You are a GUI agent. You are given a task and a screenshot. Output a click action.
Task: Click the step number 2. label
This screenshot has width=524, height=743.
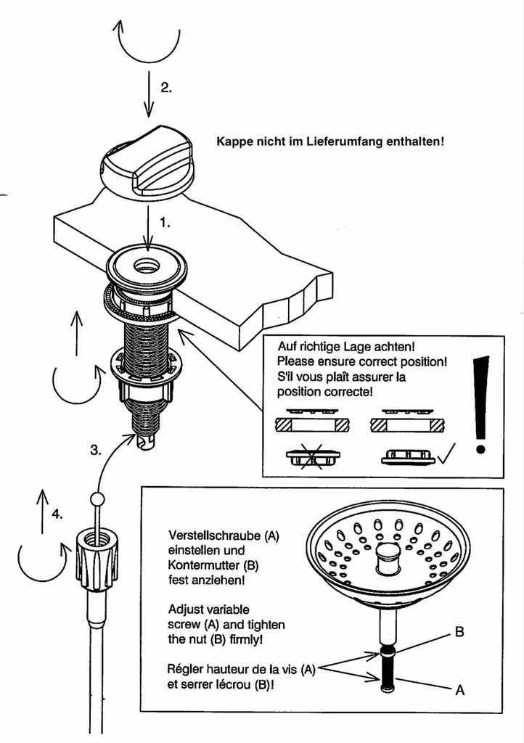166,87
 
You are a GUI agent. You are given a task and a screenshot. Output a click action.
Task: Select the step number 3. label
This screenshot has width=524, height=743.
95,450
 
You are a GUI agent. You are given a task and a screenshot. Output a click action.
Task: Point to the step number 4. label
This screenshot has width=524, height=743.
57,514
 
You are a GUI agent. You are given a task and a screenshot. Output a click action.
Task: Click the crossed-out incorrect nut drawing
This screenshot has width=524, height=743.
313,458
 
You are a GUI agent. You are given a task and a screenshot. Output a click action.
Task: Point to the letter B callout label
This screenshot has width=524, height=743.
459,632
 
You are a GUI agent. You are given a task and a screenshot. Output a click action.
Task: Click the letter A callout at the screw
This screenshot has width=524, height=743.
459,691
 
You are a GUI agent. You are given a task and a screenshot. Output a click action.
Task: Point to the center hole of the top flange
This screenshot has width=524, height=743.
147,266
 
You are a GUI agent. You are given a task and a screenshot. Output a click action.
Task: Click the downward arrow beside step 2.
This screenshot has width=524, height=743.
148,95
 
